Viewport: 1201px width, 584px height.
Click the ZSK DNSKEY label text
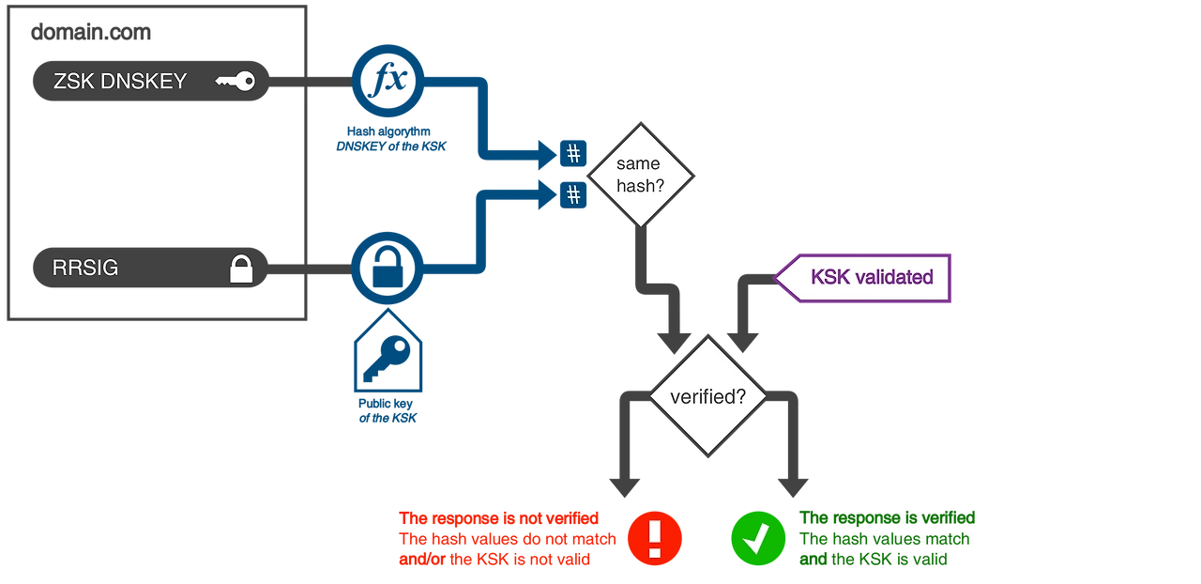(120, 81)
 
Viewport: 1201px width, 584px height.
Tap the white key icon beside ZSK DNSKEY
(235, 82)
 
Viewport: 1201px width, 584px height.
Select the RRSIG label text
(86, 268)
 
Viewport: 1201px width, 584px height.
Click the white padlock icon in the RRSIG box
(242, 269)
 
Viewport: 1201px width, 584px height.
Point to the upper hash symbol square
(573, 153)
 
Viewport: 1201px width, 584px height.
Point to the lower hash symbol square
(573, 195)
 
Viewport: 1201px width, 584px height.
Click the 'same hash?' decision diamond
(639, 176)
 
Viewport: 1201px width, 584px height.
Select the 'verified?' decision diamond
(707, 396)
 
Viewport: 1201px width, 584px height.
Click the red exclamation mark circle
(655, 538)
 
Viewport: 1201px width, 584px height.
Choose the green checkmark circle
(759, 538)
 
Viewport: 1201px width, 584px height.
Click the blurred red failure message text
(507, 539)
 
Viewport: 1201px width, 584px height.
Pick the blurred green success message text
(887, 539)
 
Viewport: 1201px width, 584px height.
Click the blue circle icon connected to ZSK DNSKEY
(388, 83)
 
